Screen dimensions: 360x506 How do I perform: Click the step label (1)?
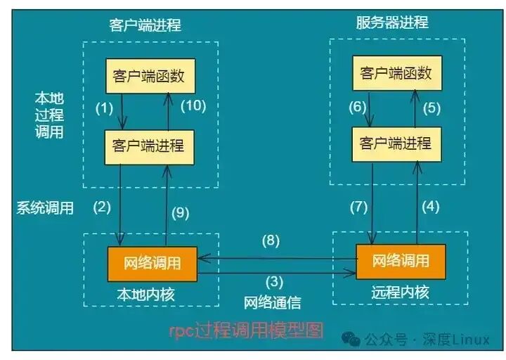104,109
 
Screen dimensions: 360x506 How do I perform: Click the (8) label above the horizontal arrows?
271,240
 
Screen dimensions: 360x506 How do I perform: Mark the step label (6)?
358,107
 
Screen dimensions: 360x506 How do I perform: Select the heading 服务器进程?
392,22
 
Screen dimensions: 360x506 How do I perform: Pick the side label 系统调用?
45,207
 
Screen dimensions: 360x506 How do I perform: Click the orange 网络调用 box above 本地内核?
152,264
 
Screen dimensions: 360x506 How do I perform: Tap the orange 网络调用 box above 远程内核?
401,262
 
